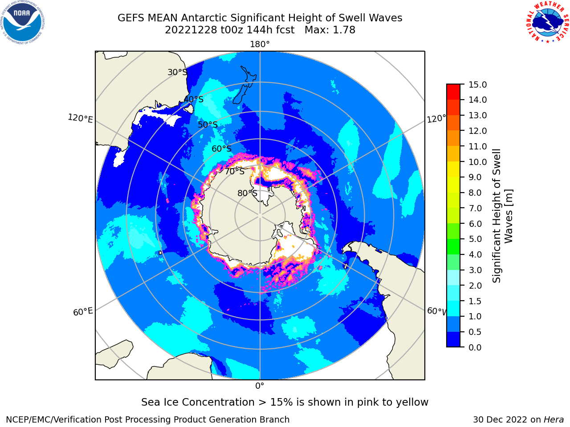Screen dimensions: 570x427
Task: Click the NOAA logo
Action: (22, 22)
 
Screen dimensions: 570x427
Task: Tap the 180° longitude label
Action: (260, 44)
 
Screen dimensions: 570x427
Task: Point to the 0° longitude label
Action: (260, 386)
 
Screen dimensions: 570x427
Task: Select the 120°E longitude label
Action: (80, 118)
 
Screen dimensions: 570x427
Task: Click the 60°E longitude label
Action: (83, 312)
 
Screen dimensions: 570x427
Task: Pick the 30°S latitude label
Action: (177, 72)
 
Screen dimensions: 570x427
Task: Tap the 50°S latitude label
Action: (208, 125)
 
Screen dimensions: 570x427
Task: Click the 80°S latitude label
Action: (247, 193)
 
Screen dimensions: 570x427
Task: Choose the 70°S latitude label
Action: (235, 172)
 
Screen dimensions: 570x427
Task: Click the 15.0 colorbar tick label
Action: (477, 85)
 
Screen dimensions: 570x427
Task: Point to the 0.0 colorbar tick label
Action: (475, 347)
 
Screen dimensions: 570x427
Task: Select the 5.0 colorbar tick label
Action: (475, 239)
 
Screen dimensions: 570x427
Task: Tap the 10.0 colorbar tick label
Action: (477, 162)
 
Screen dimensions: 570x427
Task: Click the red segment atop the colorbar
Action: (453, 92)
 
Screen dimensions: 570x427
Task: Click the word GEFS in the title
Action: (131, 18)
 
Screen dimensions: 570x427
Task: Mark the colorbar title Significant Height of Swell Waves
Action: (502, 216)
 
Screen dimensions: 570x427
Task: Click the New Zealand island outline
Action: (244, 85)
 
